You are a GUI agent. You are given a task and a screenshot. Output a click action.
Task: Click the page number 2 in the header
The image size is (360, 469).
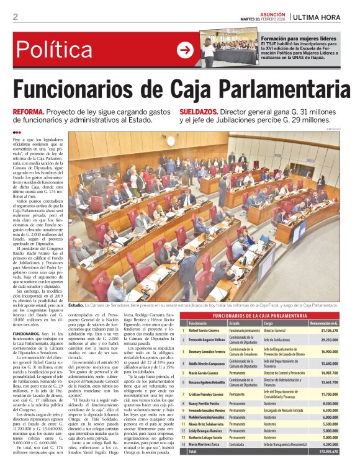[x=16, y=17]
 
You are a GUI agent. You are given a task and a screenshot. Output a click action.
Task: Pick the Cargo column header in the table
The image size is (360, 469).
[x=268, y=324]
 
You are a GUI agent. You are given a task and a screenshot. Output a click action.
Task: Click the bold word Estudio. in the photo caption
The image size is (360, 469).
[x=76, y=305]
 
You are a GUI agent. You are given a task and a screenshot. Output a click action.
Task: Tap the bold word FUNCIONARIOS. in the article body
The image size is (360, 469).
[x=27, y=333]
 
